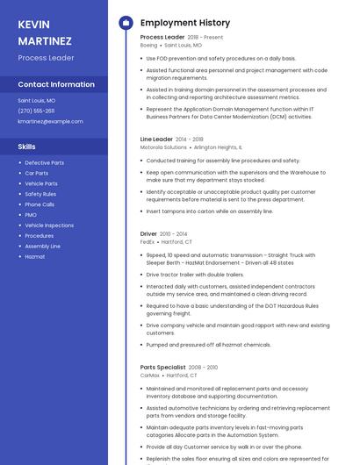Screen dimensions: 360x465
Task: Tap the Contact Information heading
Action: pyautogui.click(x=56, y=84)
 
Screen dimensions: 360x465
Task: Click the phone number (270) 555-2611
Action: pyautogui.click(x=36, y=111)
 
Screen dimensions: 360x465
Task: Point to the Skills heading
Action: pyautogui.click(x=27, y=147)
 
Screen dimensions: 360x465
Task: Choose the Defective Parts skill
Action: pyautogui.click(x=44, y=162)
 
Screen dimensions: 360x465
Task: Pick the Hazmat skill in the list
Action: pyautogui.click(x=35, y=257)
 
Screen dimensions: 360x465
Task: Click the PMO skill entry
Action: pyautogui.click(x=31, y=215)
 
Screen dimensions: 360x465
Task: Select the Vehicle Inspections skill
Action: pyautogui.click(x=49, y=225)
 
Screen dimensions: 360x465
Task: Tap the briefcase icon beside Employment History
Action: pyautogui.click(x=126, y=22)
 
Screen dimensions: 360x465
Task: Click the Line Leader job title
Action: pyautogui.click(x=156, y=139)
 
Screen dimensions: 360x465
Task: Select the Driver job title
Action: pyautogui.click(x=148, y=233)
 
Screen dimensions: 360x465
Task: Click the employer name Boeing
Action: pyautogui.click(x=149, y=45)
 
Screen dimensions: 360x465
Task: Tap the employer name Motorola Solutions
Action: pyautogui.click(x=163, y=147)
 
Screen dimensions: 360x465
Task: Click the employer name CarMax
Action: pyautogui.click(x=150, y=375)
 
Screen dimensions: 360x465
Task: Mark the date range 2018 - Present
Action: pyautogui.click(x=205, y=38)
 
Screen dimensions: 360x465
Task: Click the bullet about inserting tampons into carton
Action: pyautogui.click(x=210, y=211)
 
